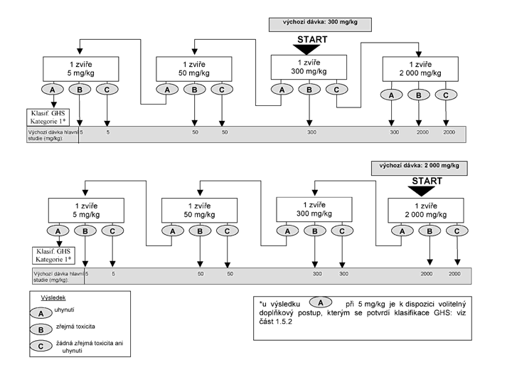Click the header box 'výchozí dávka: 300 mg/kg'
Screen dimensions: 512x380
(x=320, y=24)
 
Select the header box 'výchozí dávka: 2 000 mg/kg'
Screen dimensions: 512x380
(x=420, y=168)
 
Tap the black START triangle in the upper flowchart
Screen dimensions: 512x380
(x=306, y=49)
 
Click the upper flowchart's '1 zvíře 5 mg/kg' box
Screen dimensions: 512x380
(x=81, y=69)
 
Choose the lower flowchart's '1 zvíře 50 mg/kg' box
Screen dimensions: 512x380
(x=200, y=211)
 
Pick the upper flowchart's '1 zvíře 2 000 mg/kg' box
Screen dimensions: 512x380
(x=420, y=69)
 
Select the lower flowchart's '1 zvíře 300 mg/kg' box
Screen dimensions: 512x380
(x=314, y=209)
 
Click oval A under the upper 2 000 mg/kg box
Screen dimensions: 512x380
(x=392, y=95)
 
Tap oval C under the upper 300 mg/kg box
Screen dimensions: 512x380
(x=336, y=90)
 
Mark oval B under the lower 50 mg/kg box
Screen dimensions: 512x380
(x=200, y=231)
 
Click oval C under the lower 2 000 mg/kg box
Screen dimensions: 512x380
(x=457, y=231)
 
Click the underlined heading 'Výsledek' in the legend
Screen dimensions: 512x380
(x=53, y=297)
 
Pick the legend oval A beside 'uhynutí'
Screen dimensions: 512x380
(x=41, y=313)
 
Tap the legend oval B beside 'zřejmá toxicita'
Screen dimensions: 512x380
(x=41, y=329)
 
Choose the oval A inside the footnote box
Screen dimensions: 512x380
(x=321, y=302)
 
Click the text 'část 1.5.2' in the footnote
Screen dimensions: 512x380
(x=276, y=322)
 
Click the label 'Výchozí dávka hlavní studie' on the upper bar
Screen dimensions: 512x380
(x=52, y=135)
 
